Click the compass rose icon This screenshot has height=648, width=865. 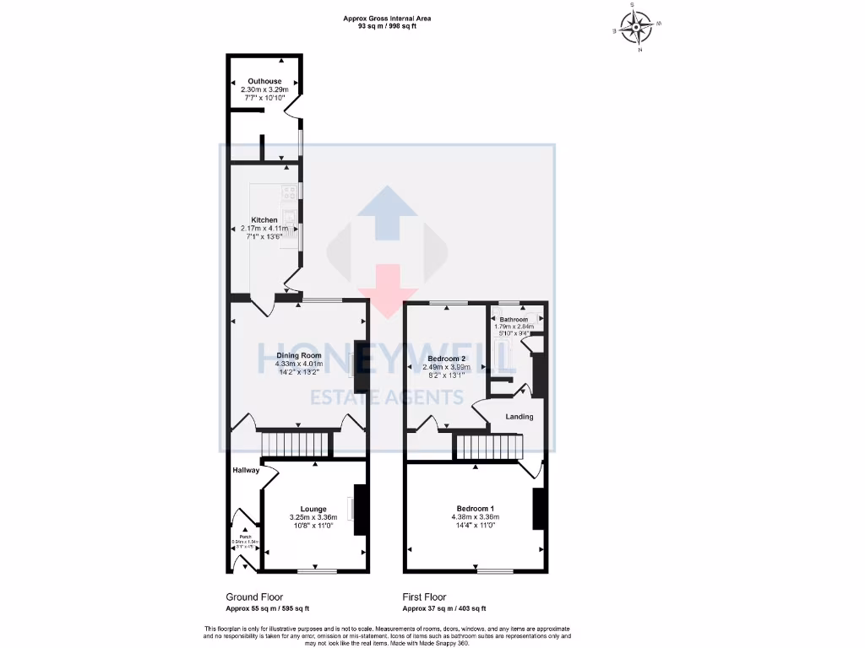[x=635, y=27]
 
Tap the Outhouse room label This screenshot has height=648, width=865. [x=264, y=81]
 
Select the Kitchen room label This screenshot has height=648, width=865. [x=264, y=219]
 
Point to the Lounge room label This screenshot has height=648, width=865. [x=313, y=509]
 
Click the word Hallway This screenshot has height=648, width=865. [x=246, y=470]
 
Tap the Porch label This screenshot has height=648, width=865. [x=245, y=537]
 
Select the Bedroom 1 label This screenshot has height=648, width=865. [x=473, y=509]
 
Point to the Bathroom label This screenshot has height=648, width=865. [x=513, y=320]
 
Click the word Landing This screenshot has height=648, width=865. [x=519, y=417]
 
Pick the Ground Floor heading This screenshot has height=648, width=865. [x=254, y=597]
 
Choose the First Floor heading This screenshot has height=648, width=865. [x=424, y=597]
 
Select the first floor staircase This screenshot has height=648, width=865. [x=487, y=447]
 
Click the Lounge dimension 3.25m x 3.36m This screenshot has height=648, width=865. [x=313, y=517]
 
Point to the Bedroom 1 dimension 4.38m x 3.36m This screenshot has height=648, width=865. [x=473, y=517]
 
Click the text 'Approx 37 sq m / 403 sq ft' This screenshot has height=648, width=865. [x=443, y=608]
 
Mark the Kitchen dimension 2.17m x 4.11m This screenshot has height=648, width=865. [x=264, y=228]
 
